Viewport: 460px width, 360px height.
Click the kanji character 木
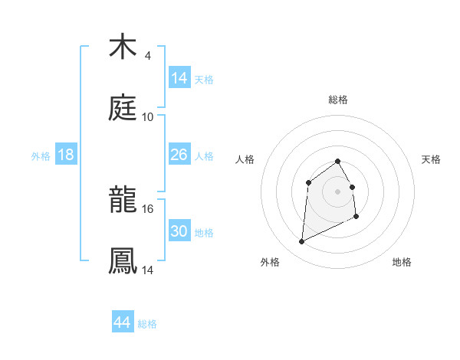click(123, 47)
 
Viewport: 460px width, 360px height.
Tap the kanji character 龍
click(123, 200)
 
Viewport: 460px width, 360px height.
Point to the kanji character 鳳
click(123, 260)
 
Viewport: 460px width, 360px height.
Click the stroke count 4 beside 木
click(147, 56)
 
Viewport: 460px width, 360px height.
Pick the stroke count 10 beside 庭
click(148, 117)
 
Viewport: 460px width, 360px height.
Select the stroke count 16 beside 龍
click(148, 208)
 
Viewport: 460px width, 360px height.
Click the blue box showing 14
click(179, 77)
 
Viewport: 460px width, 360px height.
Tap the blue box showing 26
click(179, 155)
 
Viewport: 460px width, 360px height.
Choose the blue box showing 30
click(179, 231)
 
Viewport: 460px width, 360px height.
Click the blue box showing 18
click(66, 155)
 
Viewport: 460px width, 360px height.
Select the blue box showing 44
click(122, 322)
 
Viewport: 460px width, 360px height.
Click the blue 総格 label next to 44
click(147, 324)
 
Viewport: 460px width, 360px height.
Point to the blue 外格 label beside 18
click(41, 156)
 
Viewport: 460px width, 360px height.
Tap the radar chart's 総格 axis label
click(338, 100)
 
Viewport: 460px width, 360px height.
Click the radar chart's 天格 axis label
click(432, 159)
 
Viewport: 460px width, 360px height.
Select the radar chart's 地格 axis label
click(402, 262)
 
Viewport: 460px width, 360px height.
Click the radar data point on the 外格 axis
click(301, 242)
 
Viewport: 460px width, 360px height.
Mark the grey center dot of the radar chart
click(338, 191)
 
